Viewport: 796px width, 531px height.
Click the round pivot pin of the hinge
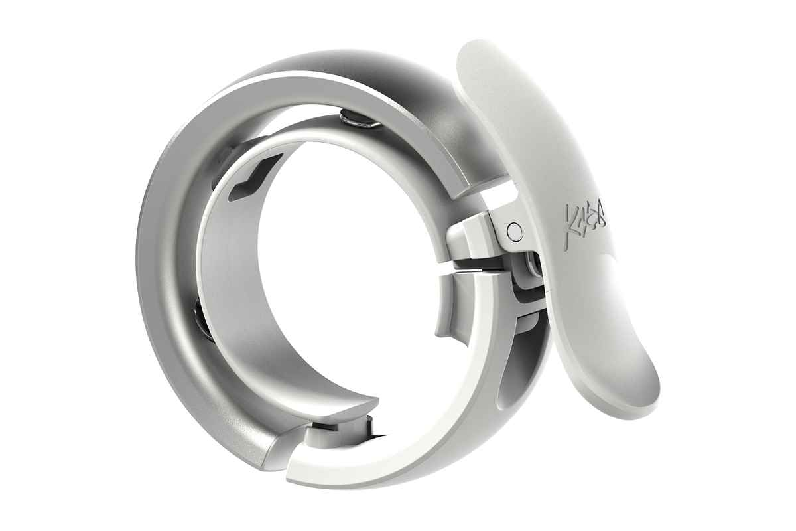(x=513, y=231)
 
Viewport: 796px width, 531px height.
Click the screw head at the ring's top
(x=356, y=120)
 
